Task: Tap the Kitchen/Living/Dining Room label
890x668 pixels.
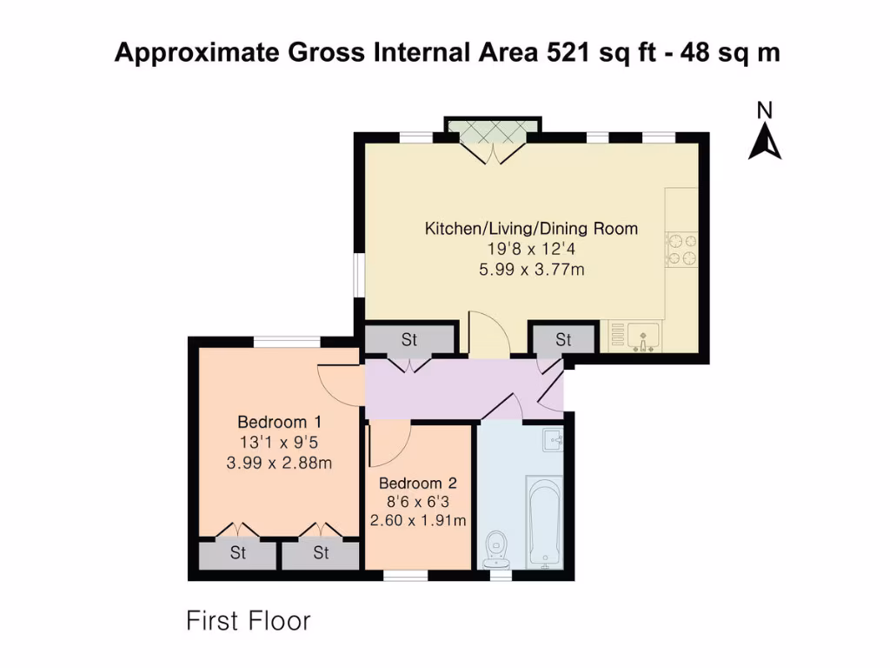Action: pos(531,229)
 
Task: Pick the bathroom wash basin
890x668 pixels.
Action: pos(553,440)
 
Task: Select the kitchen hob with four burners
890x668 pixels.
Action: pos(681,249)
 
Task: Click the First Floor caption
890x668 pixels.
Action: pos(249,621)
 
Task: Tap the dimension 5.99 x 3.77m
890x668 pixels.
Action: pos(531,270)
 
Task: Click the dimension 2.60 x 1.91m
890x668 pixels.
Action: pos(418,521)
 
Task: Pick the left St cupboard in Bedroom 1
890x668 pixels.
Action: pos(238,553)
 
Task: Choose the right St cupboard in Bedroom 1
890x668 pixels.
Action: pos(321,553)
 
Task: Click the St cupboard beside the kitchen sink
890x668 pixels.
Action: pos(563,339)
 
